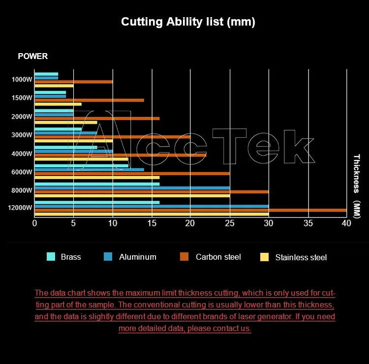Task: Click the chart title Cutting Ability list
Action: click(188, 22)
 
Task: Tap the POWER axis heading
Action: click(32, 56)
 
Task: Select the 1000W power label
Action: click(22, 80)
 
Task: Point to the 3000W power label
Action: click(22, 135)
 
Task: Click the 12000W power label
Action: click(20, 208)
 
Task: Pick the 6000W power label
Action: click(22, 172)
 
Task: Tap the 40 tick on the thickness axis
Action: click(346, 223)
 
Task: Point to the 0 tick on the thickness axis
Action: click(34, 223)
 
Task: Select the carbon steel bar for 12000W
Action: click(190, 210)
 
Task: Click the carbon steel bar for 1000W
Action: click(74, 82)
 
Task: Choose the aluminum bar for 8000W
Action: click(132, 188)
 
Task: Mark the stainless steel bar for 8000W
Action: click(132, 196)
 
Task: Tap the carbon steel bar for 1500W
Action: click(89, 100)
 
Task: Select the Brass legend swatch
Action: click(51, 257)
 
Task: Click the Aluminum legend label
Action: click(138, 257)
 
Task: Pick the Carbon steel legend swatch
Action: click(184, 257)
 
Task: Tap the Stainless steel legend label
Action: click(301, 257)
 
